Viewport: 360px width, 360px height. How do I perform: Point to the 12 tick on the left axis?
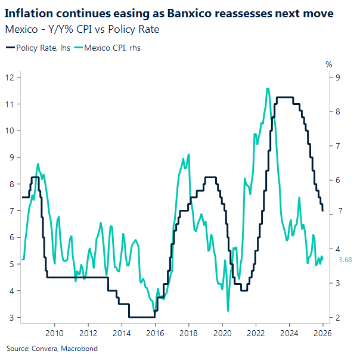click(x=10, y=77)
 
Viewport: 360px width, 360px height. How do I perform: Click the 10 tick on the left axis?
click(x=10, y=131)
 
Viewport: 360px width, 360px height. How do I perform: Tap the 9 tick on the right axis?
click(x=338, y=77)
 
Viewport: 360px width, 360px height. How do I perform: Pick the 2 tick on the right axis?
click(x=338, y=318)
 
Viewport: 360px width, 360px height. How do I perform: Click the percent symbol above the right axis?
click(x=328, y=64)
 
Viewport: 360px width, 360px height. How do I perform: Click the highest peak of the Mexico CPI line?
click(x=268, y=89)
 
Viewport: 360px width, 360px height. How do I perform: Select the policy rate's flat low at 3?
click(x=142, y=317)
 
